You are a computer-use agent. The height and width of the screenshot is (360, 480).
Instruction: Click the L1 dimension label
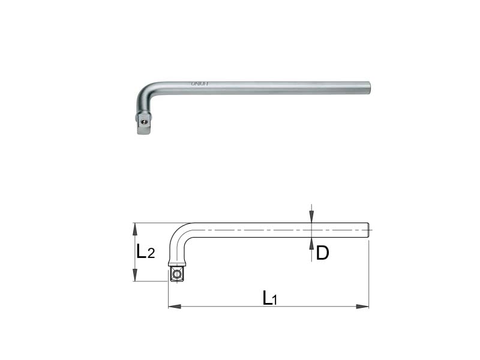[x=268, y=298]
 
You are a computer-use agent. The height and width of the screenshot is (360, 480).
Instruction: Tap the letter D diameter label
[x=322, y=253]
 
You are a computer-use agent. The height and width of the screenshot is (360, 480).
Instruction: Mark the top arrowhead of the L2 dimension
[x=136, y=229]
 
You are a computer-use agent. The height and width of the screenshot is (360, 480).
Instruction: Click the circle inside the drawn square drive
[x=177, y=274]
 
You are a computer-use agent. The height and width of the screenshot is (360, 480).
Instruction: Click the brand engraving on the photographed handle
[x=164, y=85]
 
